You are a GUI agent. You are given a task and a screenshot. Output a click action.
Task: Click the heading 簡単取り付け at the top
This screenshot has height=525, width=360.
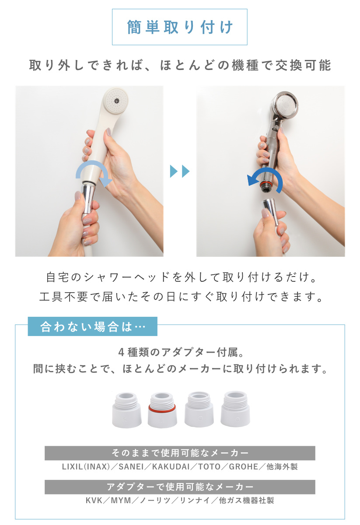[x=180, y=27]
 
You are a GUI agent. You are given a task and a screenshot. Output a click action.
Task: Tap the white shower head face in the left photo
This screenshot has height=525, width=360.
[x=115, y=101]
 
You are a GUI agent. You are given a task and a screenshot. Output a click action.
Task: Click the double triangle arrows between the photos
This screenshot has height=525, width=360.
[x=180, y=171]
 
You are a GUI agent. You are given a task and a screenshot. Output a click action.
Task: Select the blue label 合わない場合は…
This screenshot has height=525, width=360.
[x=92, y=327]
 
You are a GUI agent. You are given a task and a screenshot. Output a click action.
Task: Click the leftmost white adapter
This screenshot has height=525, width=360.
[x=126, y=410]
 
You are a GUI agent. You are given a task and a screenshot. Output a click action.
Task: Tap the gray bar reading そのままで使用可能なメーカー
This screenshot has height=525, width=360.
[x=180, y=453]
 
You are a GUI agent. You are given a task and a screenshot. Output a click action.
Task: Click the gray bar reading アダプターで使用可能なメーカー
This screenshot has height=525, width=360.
[x=180, y=486]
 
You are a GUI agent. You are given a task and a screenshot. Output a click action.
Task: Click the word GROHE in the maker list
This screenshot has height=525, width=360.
[x=244, y=466]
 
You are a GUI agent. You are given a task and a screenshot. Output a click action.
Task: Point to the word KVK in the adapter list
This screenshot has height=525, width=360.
[x=94, y=500]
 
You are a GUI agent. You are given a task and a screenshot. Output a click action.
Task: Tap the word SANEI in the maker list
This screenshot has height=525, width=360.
[x=131, y=466]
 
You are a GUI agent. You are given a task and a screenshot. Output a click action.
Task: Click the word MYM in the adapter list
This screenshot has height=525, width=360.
[x=121, y=500]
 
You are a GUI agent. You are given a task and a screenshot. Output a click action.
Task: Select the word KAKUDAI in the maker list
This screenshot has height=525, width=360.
[x=171, y=466]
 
